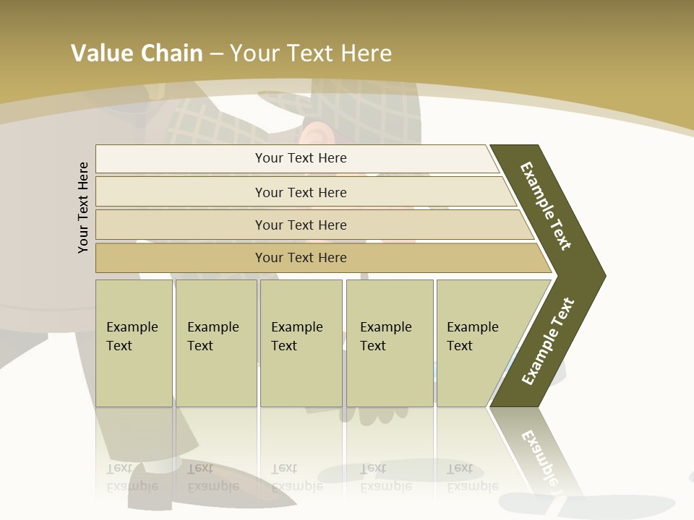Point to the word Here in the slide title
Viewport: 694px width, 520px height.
tap(365, 53)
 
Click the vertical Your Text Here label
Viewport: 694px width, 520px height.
tap(83, 207)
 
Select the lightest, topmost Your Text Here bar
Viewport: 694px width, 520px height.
tap(300, 158)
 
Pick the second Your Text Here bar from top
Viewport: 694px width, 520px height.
tap(300, 192)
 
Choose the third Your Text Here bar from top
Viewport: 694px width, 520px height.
tap(300, 225)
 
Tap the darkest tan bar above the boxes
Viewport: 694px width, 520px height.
tap(300, 258)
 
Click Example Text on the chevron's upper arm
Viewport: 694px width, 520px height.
tap(546, 206)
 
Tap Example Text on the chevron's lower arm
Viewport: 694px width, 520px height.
tap(548, 341)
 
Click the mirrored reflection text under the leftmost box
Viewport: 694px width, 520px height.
tap(132, 477)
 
